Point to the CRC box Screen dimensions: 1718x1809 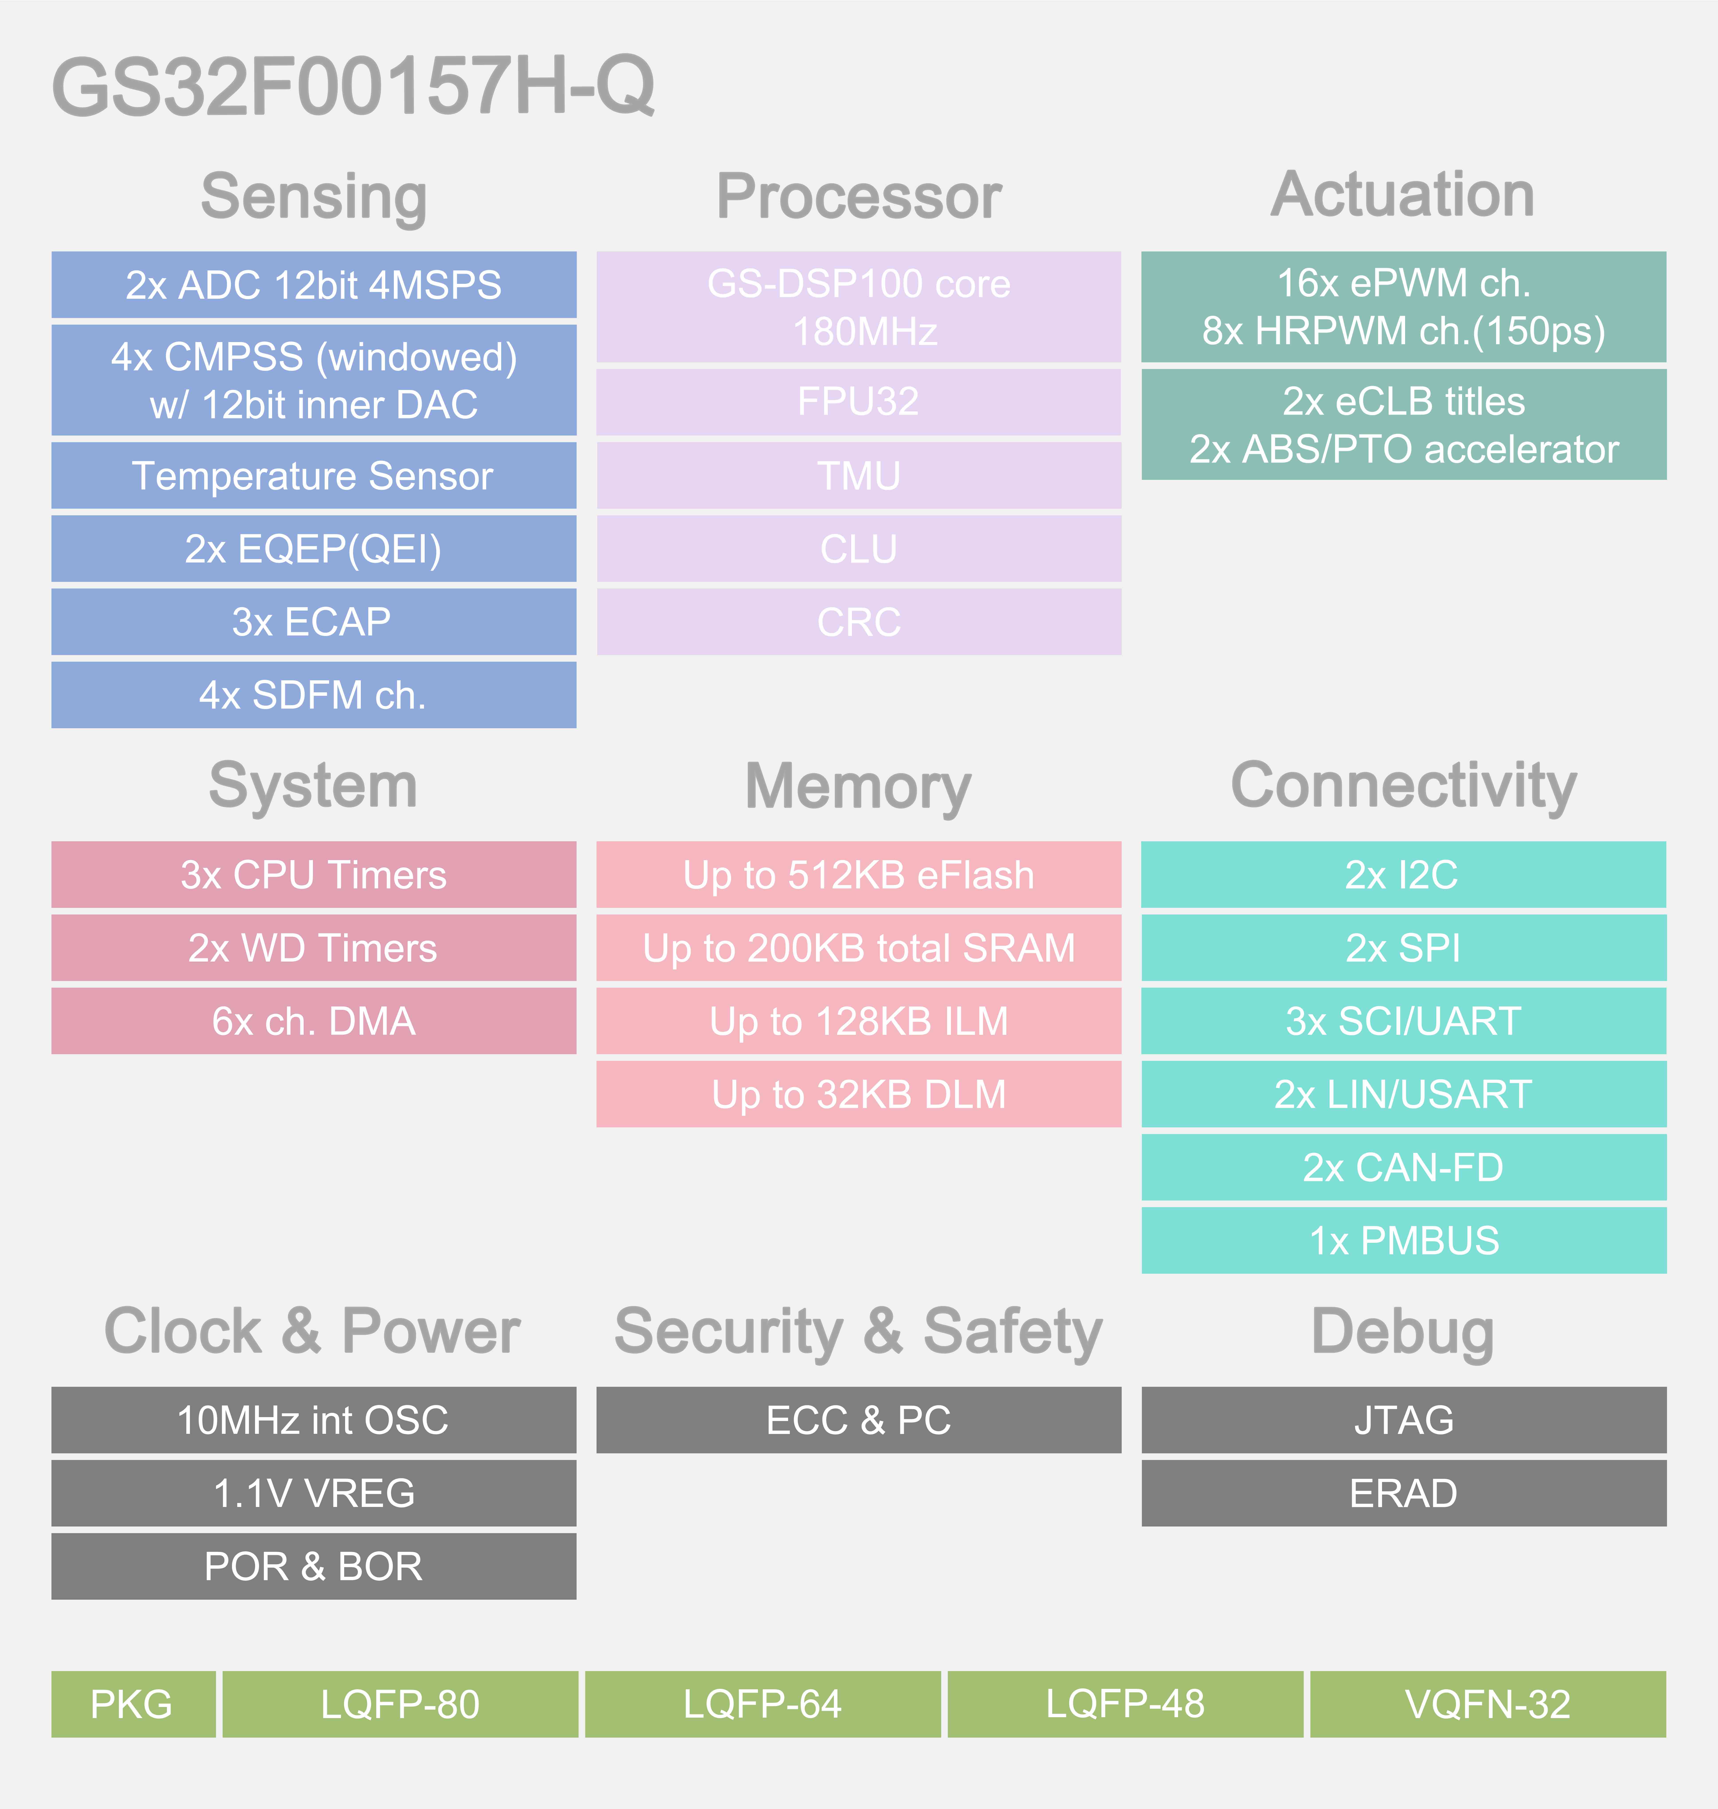click(859, 622)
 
